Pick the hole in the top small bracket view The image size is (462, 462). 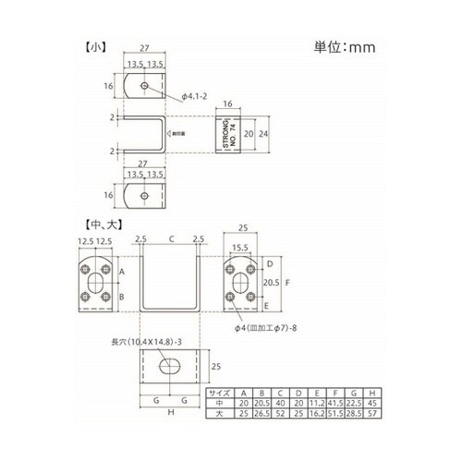[146, 86]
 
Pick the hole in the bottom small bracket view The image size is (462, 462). [146, 195]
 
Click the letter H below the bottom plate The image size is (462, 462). [172, 412]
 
